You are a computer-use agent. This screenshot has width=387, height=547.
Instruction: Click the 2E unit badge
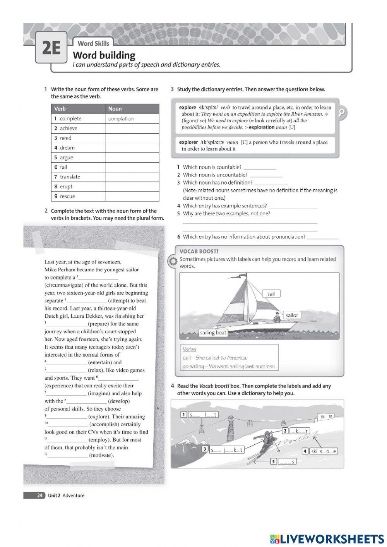click(51, 48)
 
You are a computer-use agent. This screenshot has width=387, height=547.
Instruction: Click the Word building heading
click(104, 55)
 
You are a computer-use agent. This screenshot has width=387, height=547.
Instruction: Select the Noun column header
click(115, 109)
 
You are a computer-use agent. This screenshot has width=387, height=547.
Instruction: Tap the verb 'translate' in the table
click(70, 177)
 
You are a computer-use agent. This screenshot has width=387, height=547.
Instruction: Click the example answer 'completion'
click(121, 119)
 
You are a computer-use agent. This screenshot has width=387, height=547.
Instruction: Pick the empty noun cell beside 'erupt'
click(132, 187)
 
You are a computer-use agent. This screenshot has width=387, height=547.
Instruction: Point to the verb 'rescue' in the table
click(67, 196)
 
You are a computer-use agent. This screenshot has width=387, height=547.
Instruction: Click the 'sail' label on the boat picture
click(271, 294)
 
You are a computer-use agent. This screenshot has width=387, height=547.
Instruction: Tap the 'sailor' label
click(291, 315)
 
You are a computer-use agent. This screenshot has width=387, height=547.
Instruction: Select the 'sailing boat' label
click(213, 333)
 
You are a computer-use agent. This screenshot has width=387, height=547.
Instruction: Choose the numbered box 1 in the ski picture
click(184, 415)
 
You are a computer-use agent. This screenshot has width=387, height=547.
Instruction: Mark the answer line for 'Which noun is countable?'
click(260, 168)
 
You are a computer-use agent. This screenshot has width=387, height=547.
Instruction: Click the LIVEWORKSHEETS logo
click(327, 538)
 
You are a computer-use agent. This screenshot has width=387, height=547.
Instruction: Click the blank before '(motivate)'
click(67, 456)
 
